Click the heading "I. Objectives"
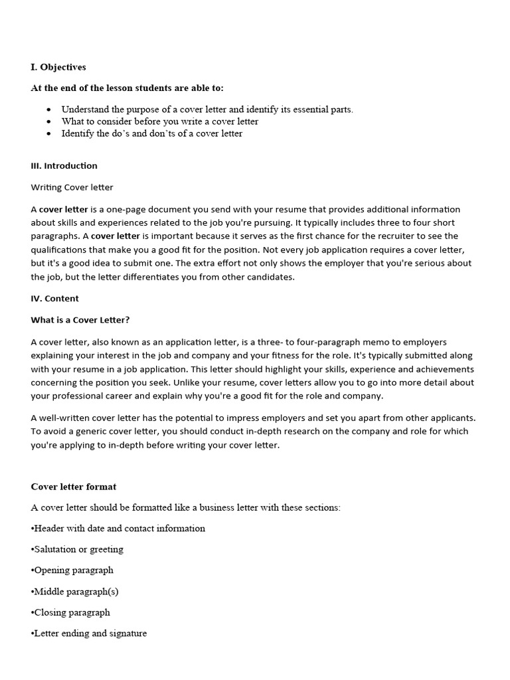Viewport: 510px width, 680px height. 58,67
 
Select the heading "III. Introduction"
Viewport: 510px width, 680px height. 64,166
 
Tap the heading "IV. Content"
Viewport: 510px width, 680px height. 54,299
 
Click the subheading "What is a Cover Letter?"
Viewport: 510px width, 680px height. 80,320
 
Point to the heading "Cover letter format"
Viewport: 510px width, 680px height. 74,487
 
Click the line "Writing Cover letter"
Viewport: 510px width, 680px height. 72,188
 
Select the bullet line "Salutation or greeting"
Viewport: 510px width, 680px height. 78,549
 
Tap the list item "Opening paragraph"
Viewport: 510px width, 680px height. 73,570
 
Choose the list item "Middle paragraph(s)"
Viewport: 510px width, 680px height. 76,592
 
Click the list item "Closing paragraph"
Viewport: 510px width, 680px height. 72,612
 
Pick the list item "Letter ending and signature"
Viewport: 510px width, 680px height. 90,634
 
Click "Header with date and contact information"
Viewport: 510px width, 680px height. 119,529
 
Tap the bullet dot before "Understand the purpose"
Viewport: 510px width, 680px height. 49,110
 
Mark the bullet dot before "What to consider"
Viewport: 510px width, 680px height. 49,122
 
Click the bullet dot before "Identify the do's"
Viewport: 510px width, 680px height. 49,133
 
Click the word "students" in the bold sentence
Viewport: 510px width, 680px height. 145,88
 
